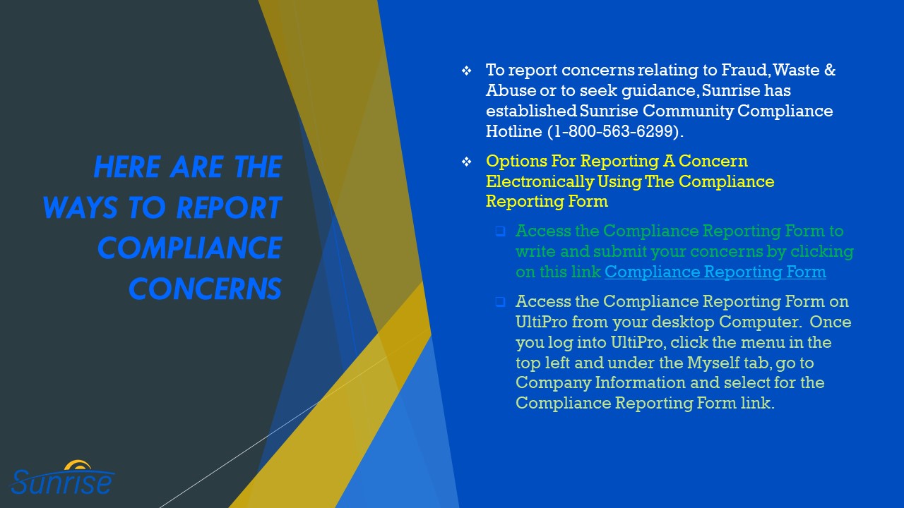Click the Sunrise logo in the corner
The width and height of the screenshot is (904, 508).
coord(62,478)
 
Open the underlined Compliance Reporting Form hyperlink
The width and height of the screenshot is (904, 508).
coord(715,272)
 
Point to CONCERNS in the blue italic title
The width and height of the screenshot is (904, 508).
coord(205,289)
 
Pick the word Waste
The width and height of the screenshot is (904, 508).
coord(798,71)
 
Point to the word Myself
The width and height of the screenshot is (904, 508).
coord(713,363)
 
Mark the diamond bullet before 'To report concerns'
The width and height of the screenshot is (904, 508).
coord(466,71)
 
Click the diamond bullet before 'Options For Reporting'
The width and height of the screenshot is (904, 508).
coord(466,162)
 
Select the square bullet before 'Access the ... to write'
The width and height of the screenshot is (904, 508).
coord(500,231)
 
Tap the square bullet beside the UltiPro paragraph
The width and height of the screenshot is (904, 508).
coord(500,301)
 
